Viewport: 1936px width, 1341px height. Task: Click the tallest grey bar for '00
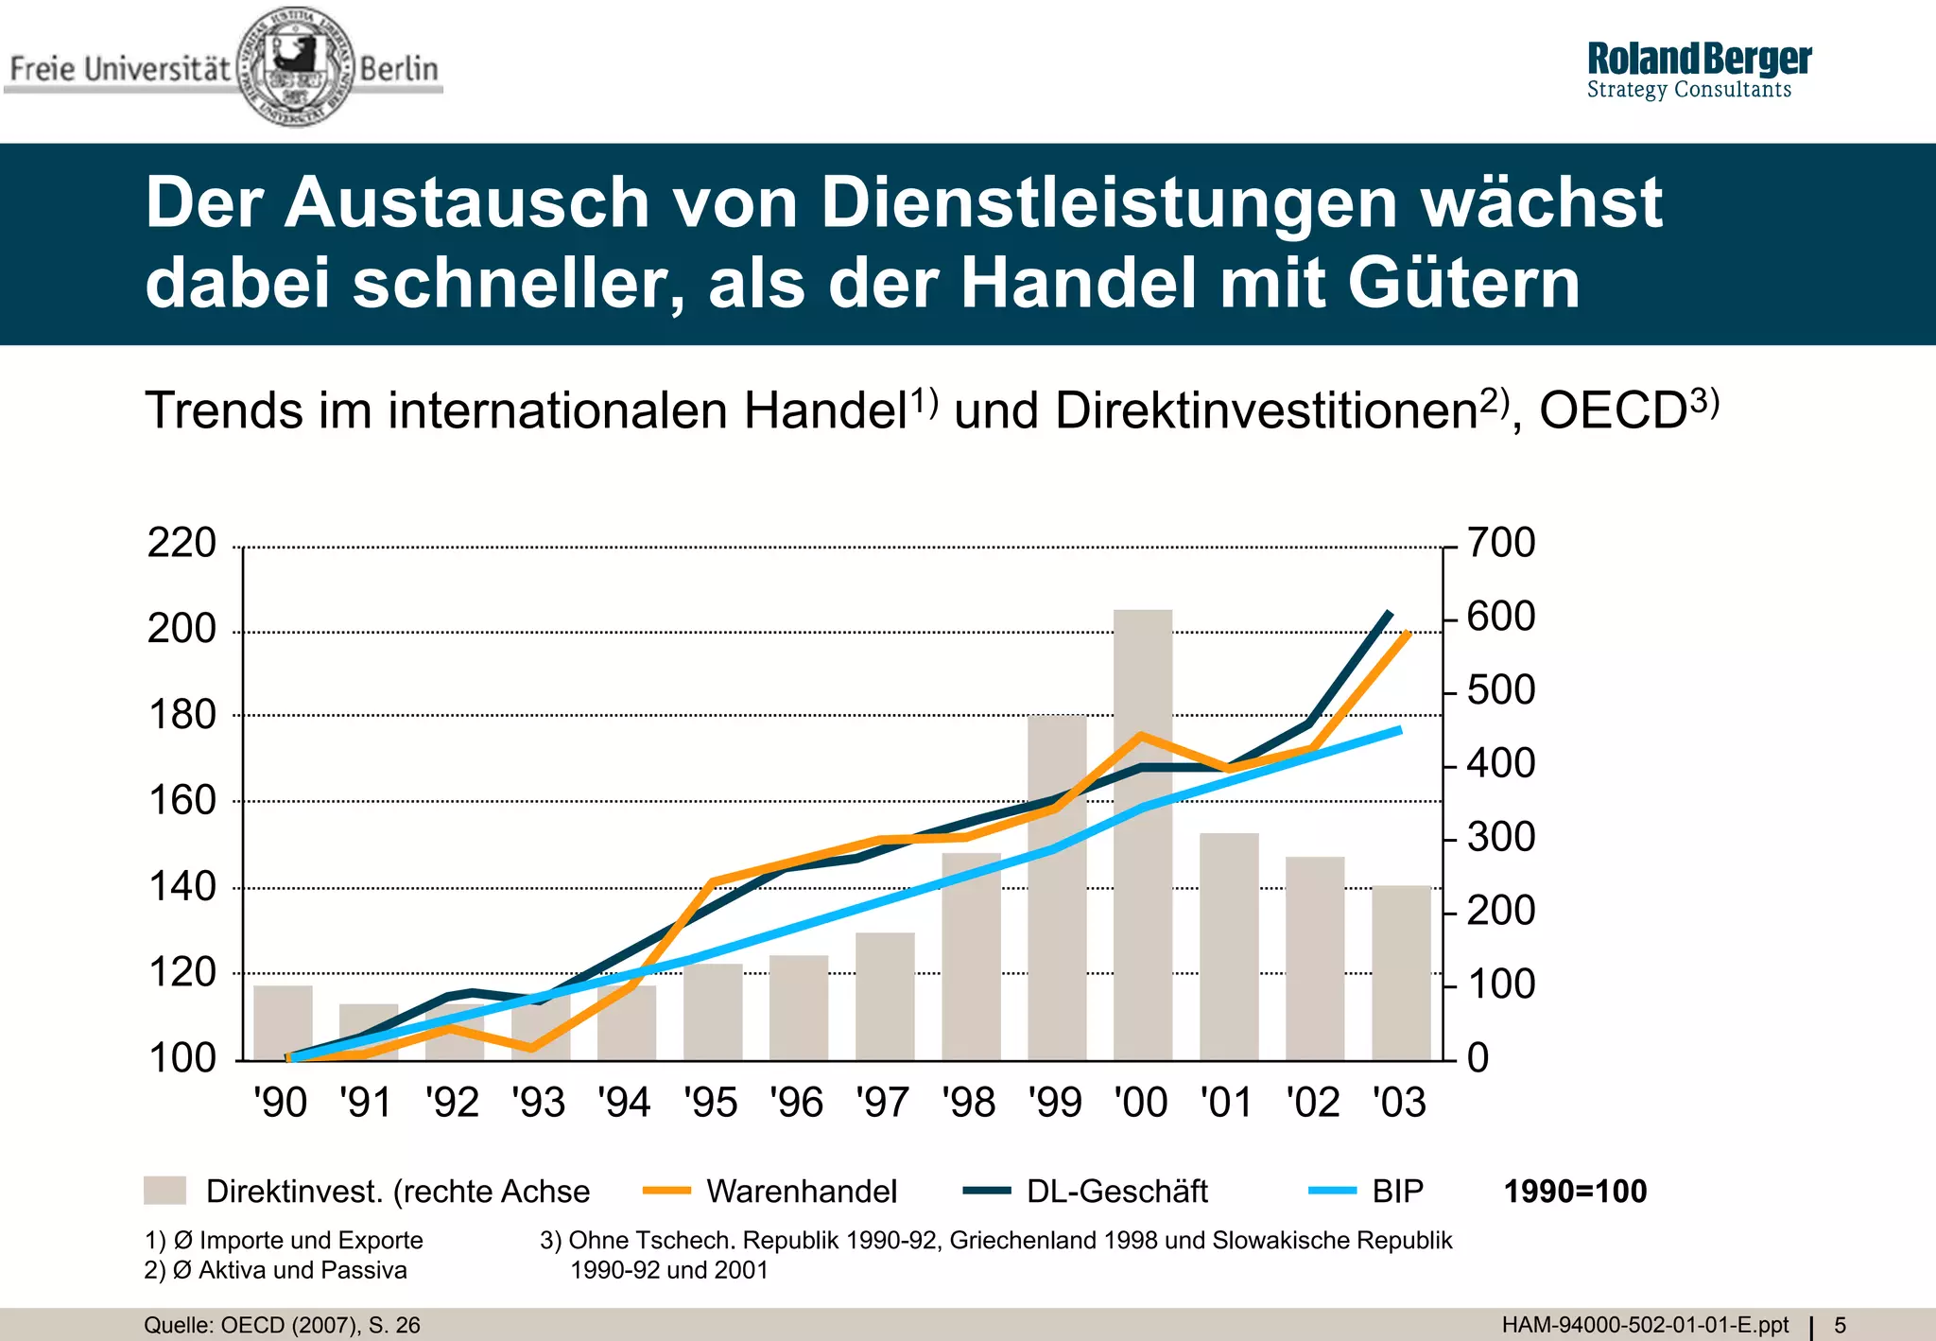click(x=1143, y=832)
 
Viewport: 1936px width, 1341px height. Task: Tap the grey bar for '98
click(x=971, y=955)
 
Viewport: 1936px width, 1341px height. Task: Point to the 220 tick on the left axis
click(x=182, y=544)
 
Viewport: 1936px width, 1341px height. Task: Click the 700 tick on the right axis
click(x=1501, y=544)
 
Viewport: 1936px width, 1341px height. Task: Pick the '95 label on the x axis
click(x=711, y=1103)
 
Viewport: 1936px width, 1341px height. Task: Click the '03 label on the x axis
click(x=1399, y=1103)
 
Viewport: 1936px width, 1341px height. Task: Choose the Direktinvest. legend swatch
click(x=164, y=1191)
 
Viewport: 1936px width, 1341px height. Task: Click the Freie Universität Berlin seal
click(x=295, y=66)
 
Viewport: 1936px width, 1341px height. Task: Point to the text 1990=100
click(x=1575, y=1192)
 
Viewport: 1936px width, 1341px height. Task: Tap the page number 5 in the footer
click(x=1840, y=1326)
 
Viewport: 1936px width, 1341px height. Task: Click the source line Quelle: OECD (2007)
click(x=282, y=1326)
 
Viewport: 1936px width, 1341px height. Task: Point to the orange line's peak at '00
click(x=1141, y=735)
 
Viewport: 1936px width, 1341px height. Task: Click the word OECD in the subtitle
click(x=1613, y=411)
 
